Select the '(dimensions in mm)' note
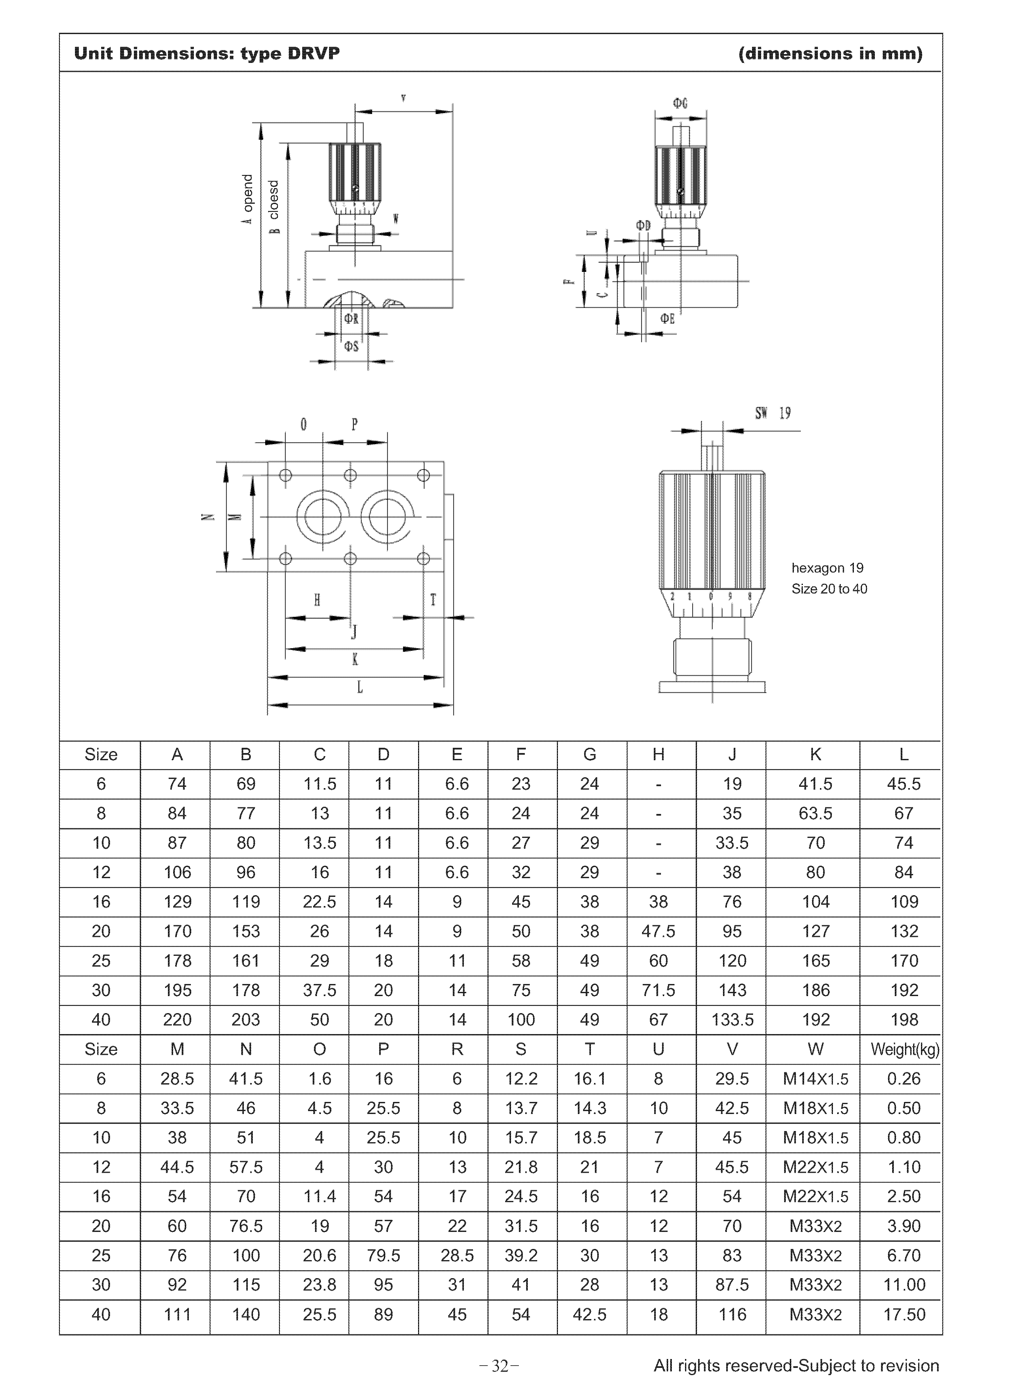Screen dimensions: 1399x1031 click(830, 54)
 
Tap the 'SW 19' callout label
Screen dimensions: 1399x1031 click(773, 413)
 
